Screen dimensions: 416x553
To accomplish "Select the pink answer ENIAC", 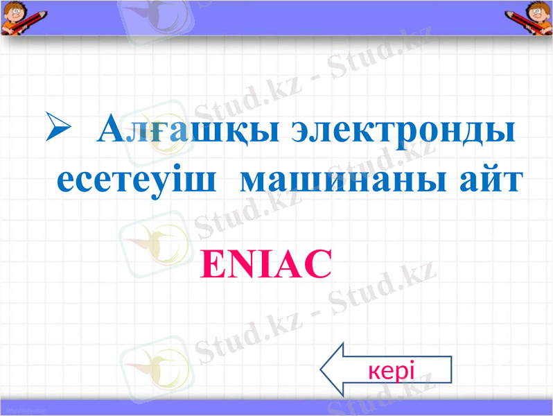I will click(x=266, y=265).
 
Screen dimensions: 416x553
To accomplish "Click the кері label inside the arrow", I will click(x=392, y=371).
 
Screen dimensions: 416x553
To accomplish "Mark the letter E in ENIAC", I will click(x=211, y=265).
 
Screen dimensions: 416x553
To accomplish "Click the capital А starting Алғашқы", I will click(x=109, y=129).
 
